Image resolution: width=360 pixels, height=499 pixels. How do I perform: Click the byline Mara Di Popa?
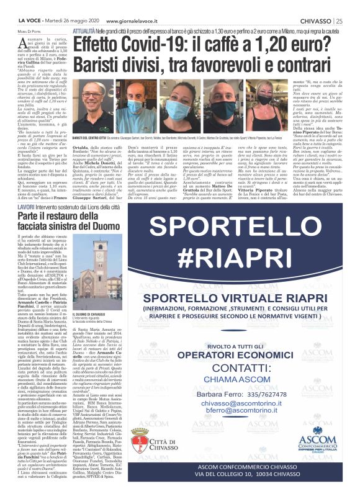click(x=22, y=31)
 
